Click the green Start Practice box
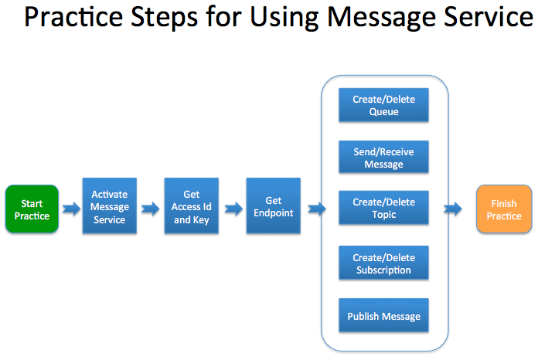[32, 209]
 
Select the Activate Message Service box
[110, 205]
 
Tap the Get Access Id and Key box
[192, 205]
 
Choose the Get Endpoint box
[274, 205]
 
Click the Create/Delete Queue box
[383, 105]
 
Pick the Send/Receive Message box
[383, 157]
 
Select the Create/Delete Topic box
[383, 208]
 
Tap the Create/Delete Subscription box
[383, 263]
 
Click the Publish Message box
[383, 315]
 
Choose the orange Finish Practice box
[504, 209]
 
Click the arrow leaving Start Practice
[71, 209]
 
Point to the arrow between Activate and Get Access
[150, 209]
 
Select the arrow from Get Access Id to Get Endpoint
[233, 209]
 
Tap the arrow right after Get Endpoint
[317, 209]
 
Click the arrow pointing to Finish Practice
[452, 209]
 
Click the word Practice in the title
[73, 17]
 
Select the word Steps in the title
[165, 18]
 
